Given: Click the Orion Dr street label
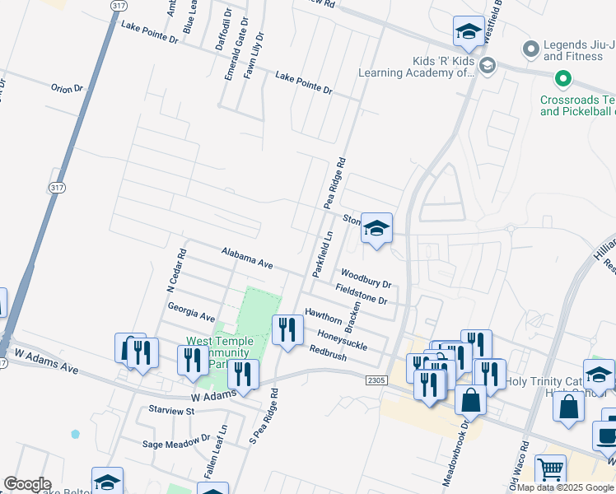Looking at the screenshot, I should (68, 88).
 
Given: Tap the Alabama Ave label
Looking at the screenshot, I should (246, 258).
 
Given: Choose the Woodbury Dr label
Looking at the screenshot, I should (365, 278).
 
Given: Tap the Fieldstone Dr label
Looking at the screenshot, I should (361, 294).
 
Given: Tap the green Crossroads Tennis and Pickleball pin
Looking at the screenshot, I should (563, 80).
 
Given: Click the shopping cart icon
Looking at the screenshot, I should (550, 470).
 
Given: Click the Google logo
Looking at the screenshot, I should (27, 484).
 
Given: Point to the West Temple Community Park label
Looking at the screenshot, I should (222, 352).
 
